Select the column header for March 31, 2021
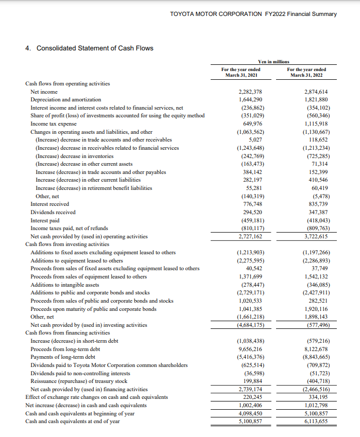[241, 73]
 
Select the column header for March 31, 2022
[306, 73]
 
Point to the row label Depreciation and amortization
[66, 99]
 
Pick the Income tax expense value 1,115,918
[317, 124]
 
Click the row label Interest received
[50, 204]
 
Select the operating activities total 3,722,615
[317, 236]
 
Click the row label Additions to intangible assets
[65, 285]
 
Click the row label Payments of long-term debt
[63, 357]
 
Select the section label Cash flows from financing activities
[67, 333]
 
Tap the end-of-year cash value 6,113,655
[317, 421]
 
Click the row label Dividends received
[53, 212]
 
